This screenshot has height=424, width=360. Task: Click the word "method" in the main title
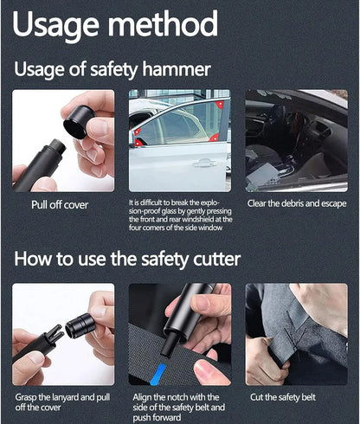pos(163,23)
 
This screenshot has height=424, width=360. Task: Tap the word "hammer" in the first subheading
pos(177,69)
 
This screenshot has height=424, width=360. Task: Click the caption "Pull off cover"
pos(60,205)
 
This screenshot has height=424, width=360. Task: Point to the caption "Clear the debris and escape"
pos(297,203)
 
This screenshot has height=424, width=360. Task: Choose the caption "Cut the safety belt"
pos(283,397)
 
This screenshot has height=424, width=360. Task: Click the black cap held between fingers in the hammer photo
pos(79,121)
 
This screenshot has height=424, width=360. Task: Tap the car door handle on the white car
pos(204,164)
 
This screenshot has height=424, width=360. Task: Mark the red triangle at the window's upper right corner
pos(221,104)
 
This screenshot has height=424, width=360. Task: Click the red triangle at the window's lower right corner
pos(215,138)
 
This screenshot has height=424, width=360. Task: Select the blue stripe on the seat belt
pos(158,374)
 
